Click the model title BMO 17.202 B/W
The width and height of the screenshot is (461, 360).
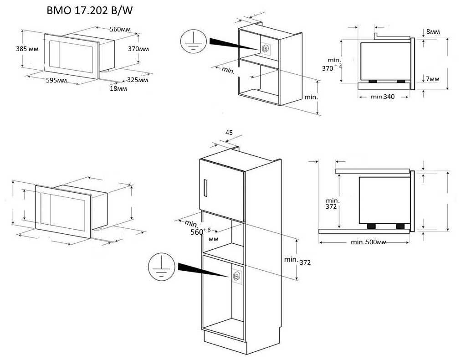[90, 10]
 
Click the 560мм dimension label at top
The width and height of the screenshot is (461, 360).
[120, 29]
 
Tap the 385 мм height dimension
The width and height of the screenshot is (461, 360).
[27, 49]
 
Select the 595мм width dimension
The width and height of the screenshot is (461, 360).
[56, 80]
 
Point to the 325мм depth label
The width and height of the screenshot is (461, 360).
[138, 80]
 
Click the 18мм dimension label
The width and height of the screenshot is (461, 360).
[118, 88]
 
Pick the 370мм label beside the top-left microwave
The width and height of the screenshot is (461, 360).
[138, 49]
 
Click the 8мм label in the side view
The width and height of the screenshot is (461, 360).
[433, 31]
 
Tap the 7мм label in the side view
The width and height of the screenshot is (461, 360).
[433, 79]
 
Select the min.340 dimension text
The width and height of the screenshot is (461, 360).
[383, 97]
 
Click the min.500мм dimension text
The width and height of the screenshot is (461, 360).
[369, 242]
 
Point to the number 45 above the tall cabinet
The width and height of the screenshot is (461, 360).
[229, 133]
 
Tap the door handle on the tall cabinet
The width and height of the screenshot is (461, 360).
[205, 188]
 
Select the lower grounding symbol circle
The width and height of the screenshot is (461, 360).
[161, 267]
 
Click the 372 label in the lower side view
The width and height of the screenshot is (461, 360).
[331, 206]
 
